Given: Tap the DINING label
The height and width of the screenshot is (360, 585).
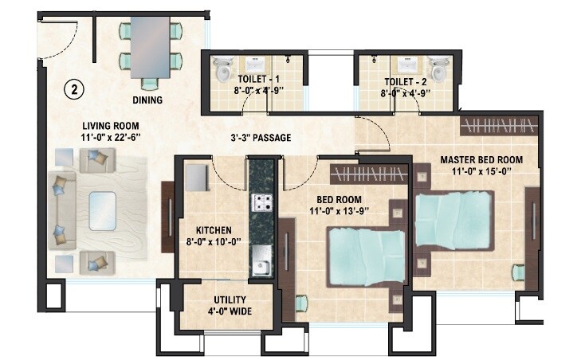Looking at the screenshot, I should tap(147, 100).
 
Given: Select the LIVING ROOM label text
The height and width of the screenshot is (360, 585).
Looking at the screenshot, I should tap(112, 126).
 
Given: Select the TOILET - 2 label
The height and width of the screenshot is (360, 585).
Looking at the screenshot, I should tap(406, 80).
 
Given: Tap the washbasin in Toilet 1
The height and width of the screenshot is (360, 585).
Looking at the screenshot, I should tap(255, 64).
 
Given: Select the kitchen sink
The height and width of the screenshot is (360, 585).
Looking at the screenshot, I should tap(261, 258).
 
